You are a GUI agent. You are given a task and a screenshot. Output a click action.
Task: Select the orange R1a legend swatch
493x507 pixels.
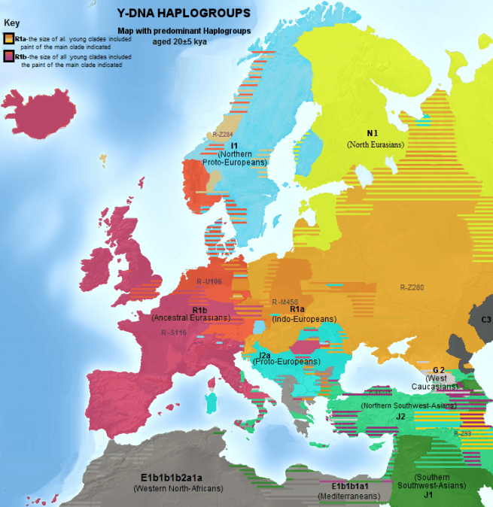click(x=8, y=38)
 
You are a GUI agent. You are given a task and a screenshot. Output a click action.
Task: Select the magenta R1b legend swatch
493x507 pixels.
click(x=8, y=56)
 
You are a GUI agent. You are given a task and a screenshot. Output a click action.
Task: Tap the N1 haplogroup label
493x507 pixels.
click(x=372, y=133)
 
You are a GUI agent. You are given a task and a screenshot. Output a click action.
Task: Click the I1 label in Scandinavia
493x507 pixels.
click(x=235, y=144)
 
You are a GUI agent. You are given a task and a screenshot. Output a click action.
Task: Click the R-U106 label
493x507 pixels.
click(x=209, y=281)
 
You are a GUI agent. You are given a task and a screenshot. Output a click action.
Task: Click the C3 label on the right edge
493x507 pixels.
click(x=485, y=320)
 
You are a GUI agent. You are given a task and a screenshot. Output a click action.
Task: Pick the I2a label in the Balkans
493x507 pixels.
click(x=265, y=354)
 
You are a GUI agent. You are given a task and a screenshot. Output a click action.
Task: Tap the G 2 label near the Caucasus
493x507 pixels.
click(x=439, y=370)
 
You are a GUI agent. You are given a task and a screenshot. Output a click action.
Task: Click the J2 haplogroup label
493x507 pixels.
click(x=401, y=415)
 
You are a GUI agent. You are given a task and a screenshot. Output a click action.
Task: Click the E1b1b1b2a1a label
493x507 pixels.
click(x=172, y=478)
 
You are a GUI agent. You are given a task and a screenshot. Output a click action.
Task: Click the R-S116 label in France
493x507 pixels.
click(x=174, y=332)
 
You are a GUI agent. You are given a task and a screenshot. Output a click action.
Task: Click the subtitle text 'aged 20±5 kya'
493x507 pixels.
click(x=178, y=41)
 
